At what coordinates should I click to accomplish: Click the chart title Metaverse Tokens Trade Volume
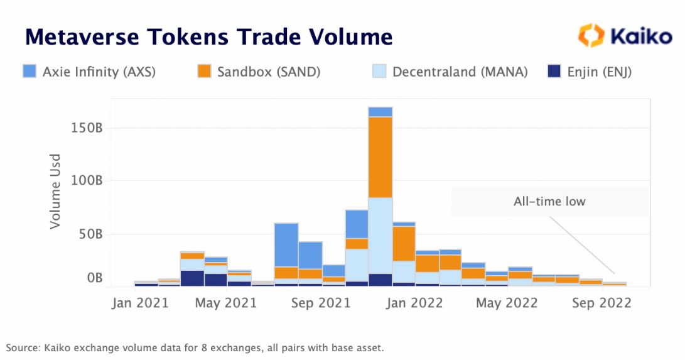tap(208, 37)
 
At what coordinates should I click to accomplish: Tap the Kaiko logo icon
tap(591, 35)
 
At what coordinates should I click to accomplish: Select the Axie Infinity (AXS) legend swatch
tap(29, 72)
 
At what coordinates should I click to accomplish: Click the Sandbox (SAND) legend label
tap(269, 72)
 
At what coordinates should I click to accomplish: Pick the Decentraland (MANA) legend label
tap(460, 72)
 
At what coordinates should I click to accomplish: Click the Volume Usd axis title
tap(57, 191)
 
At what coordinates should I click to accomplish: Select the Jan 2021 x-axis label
tap(140, 303)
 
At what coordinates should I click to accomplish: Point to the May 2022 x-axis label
tap(506, 303)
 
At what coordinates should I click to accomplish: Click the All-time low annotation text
tap(549, 202)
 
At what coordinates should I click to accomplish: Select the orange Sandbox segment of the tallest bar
tap(380, 157)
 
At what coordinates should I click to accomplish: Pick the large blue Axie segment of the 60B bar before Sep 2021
tap(286, 245)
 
